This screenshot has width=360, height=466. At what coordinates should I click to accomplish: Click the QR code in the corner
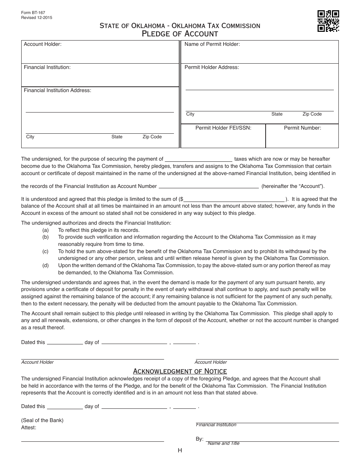(328, 21)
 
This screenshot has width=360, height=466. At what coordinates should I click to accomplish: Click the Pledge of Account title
(180, 34)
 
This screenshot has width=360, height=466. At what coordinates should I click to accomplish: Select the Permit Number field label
(302, 128)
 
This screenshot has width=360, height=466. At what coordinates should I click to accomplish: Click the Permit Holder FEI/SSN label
(223, 128)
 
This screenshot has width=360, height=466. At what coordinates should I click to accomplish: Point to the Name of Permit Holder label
(212, 44)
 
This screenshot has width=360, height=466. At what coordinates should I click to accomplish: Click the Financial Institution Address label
(58, 90)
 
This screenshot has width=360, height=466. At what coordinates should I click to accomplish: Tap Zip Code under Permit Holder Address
(312, 114)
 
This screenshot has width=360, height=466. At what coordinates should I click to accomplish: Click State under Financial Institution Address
(117, 137)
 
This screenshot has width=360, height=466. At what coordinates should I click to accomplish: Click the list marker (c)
(45, 251)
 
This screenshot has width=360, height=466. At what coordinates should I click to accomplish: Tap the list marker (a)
(45, 230)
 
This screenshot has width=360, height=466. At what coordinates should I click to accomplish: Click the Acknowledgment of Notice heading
(180, 371)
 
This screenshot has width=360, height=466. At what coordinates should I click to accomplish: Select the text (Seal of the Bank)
(42, 420)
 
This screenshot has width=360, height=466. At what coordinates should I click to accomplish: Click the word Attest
(29, 427)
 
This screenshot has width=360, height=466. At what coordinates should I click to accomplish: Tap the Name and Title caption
(224, 443)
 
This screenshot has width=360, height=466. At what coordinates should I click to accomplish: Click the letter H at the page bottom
(180, 450)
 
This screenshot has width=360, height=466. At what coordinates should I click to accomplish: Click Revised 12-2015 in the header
(37, 17)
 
